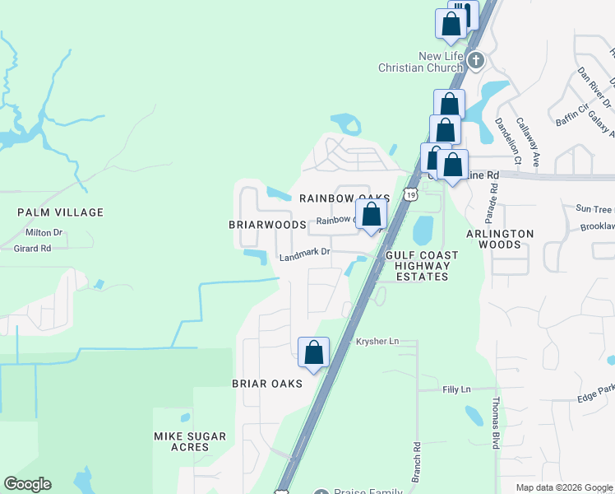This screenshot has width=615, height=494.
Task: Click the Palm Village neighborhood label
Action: pyautogui.click(x=61, y=212)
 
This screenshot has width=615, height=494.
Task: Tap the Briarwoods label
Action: pyautogui.click(x=267, y=224)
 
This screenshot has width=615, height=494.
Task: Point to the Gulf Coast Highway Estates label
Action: pyautogui.click(x=422, y=266)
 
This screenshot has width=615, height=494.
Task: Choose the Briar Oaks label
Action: pyautogui.click(x=267, y=384)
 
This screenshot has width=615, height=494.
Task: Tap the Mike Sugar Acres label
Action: pyautogui.click(x=190, y=441)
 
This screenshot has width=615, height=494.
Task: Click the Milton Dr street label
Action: pyautogui.click(x=44, y=233)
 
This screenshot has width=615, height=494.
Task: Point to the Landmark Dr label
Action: pyautogui.click(x=304, y=256)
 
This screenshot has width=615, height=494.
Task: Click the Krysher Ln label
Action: pyautogui.click(x=377, y=341)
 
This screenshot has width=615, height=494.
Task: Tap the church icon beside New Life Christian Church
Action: pyautogui.click(x=475, y=60)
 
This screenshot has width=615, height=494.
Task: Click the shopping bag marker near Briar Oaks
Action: pyautogui.click(x=313, y=352)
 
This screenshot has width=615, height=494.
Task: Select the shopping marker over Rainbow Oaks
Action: pyautogui.click(x=372, y=215)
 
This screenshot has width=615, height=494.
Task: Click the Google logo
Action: pyautogui.click(x=27, y=484)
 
